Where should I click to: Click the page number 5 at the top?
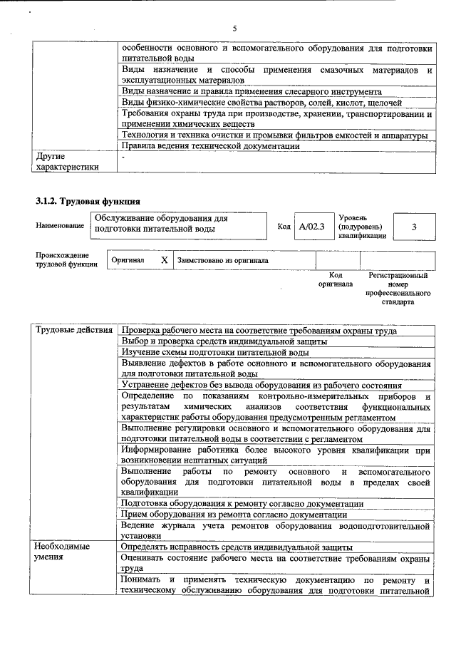pyautogui.click(x=234, y=28)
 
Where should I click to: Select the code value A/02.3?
pyautogui.click(x=311, y=226)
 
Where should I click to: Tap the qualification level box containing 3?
pyautogui.click(x=413, y=226)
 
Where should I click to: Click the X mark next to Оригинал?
pyautogui.click(x=164, y=261)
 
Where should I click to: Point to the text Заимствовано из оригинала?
pyautogui.click(x=222, y=261)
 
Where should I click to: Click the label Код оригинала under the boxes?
pyautogui.click(x=336, y=279)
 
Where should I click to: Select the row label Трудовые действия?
pyautogui.click(x=74, y=330)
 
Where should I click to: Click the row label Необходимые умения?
pyautogui.click(x=63, y=552)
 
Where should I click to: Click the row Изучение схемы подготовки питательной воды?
pyautogui.click(x=214, y=352)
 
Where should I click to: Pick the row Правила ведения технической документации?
pyautogui.click(x=210, y=146)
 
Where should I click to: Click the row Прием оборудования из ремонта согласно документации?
pyautogui.click(x=234, y=515)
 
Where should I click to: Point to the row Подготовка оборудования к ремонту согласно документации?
pyautogui.click(x=242, y=504)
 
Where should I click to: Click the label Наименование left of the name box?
pyautogui.click(x=59, y=226)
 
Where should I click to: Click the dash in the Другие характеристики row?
pyautogui.click(x=123, y=156)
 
